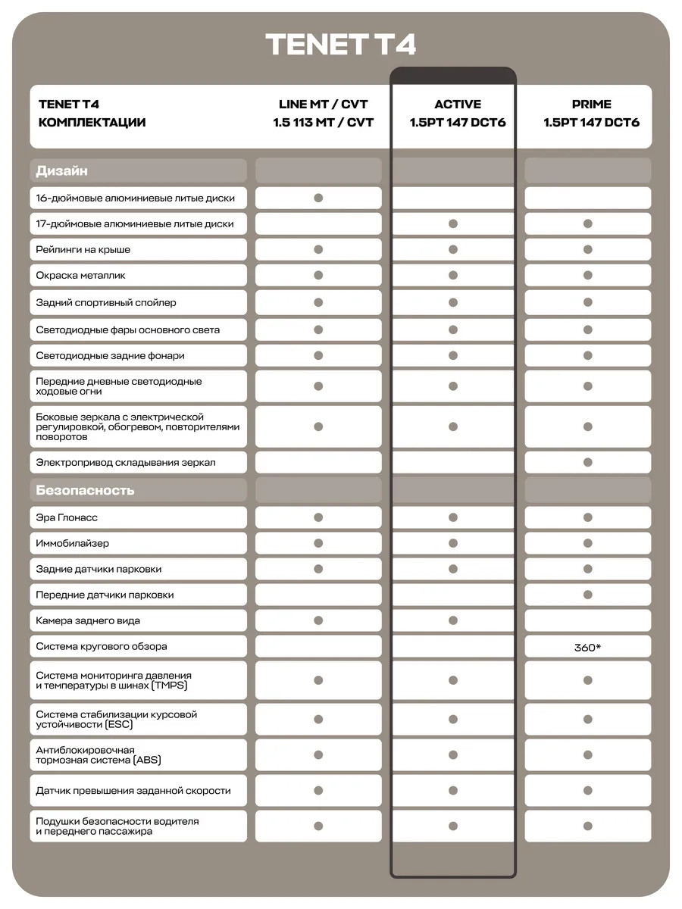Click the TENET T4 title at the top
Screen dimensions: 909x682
tap(341, 45)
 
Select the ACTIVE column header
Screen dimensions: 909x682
tap(458, 105)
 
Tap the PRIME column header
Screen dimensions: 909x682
tap(591, 105)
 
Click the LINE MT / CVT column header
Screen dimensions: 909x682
tap(323, 105)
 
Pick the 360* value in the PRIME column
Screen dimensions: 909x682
tap(587, 647)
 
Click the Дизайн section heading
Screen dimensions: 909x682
tap(62, 170)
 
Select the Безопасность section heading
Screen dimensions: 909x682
tap(85, 490)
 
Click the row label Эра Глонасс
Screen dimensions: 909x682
tap(67, 517)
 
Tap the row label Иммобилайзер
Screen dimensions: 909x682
tap(72, 543)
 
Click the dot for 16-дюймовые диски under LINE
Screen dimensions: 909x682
tap(318, 198)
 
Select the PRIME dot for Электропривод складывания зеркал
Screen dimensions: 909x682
tap(587, 462)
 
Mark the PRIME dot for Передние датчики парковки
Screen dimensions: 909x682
tap(587, 595)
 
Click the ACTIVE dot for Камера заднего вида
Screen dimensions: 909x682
tap(453, 620)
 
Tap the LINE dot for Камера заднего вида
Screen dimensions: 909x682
tap(318, 620)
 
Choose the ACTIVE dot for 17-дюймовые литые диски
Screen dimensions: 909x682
tap(453, 223)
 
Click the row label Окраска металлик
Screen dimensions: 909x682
tap(80, 275)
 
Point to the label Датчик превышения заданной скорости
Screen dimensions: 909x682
tap(133, 790)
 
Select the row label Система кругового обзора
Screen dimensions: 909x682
tap(102, 646)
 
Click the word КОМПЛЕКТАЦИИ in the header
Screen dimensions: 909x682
tap(92, 123)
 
